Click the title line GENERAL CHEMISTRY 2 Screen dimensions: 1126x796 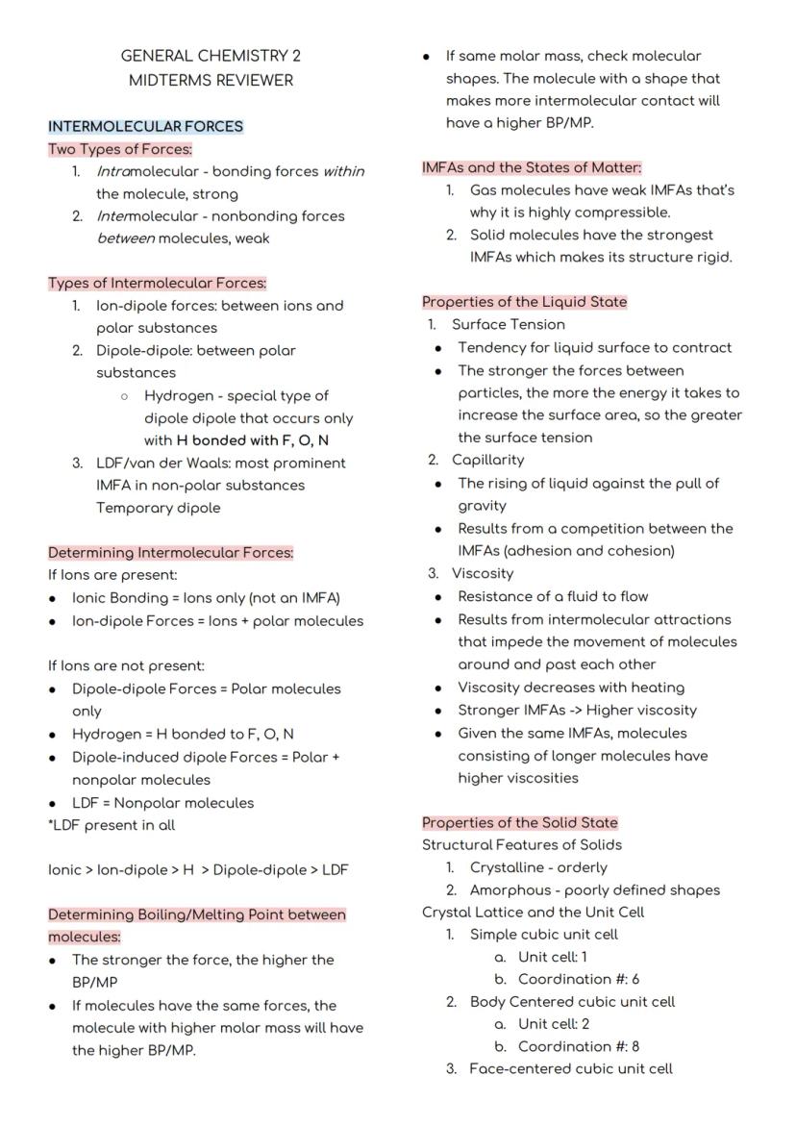(x=211, y=57)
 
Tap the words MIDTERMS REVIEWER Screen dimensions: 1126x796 (x=211, y=80)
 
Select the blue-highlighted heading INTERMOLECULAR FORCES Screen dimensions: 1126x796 (x=145, y=126)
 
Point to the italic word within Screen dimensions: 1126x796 (x=343, y=171)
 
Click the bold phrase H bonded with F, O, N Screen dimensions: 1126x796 (x=253, y=440)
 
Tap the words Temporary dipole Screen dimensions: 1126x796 (x=158, y=508)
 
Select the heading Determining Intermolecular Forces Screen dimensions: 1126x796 (x=171, y=553)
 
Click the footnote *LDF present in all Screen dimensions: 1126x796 (x=112, y=825)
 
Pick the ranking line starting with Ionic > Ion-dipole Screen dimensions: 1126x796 (x=198, y=870)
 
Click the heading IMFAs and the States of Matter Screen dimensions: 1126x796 (x=532, y=167)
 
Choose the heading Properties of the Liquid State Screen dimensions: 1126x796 (x=524, y=302)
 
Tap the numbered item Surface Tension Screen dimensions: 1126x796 (x=508, y=325)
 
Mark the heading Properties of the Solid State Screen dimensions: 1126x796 (x=520, y=823)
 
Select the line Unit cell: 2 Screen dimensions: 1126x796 (x=553, y=1024)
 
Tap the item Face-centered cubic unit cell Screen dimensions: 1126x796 (x=570, y=1068)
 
